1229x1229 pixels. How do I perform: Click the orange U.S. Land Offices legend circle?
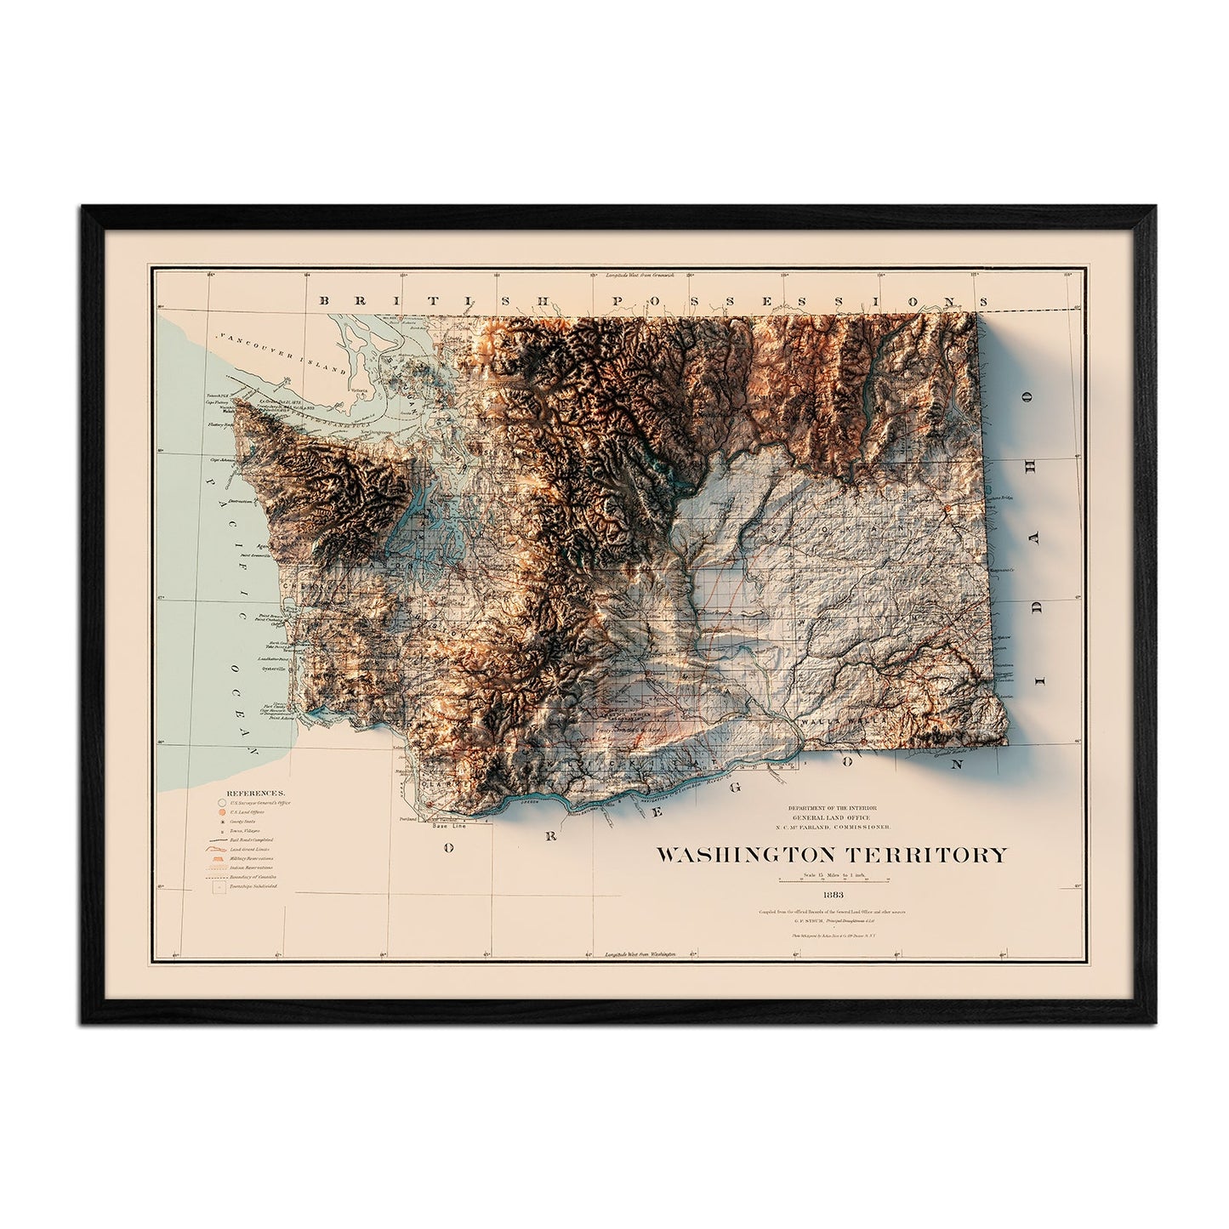(x=221, y=812)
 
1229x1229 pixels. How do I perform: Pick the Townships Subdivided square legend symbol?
(x=220, y=887)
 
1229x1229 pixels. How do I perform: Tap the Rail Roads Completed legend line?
(x=220, y=839)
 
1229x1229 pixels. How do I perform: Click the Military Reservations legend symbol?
(x=220, y=859)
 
